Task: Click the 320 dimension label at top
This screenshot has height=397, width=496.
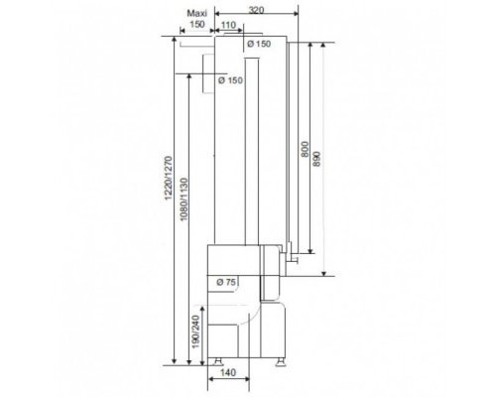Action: (x=256, y=10)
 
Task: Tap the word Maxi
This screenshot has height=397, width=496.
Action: (x=197, y=13)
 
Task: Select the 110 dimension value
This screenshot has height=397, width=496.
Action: (x=228, y=25)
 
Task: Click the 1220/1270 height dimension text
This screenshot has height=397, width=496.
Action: (x=169, y=178)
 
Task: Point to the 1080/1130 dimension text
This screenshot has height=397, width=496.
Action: (x=184, y=199)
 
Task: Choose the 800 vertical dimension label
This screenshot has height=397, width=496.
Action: (x=305, y=149)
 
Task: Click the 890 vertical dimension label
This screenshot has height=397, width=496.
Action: (x=316, y=159)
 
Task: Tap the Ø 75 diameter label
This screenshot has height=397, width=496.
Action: (x=226, y=282)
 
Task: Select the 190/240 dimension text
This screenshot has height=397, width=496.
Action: (x=196, y=331)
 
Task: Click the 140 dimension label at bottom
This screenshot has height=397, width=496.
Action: (x=228, y=373)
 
